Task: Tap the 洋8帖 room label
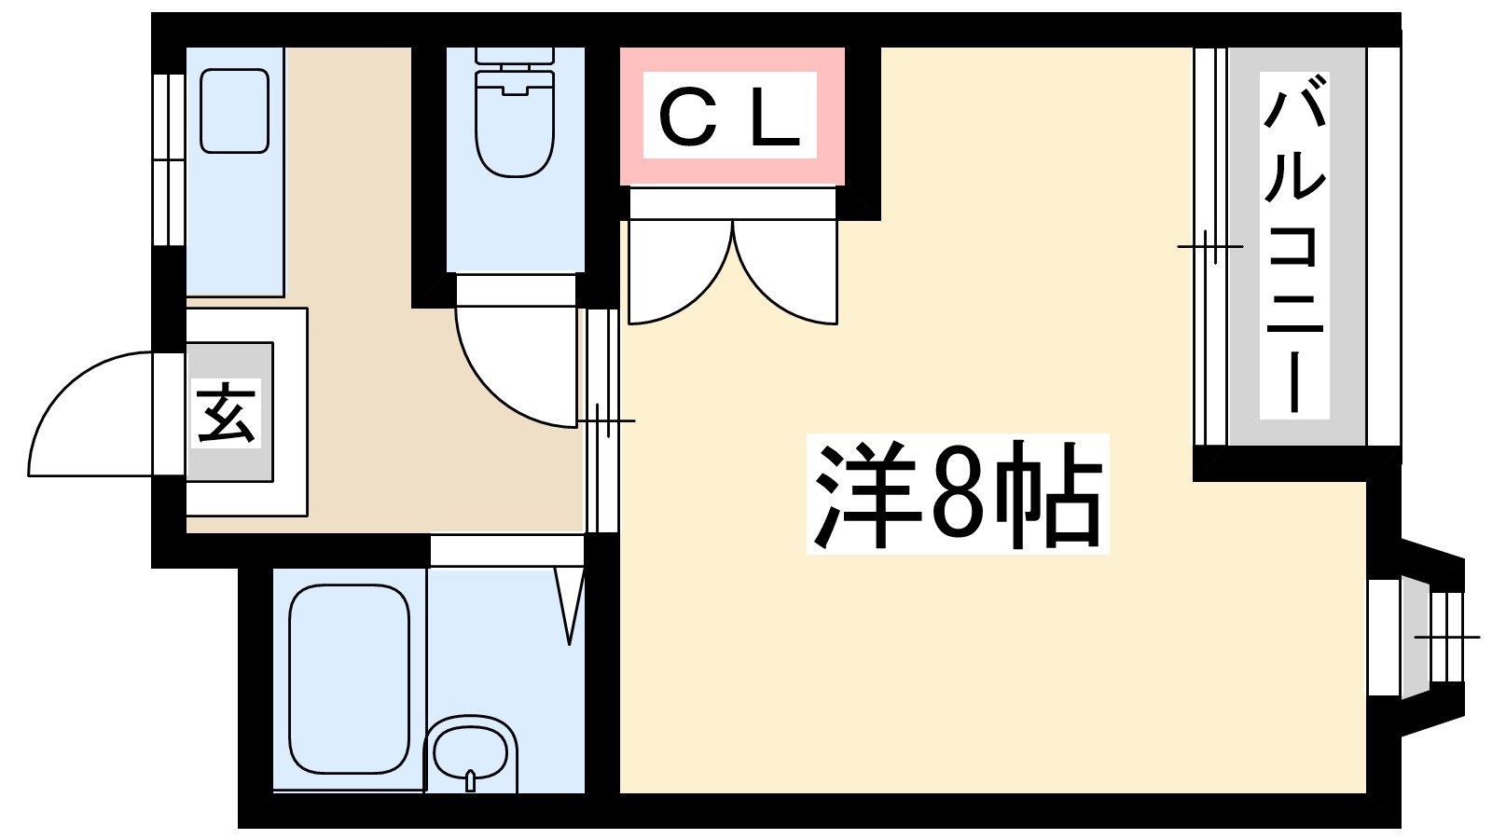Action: click(x=958, y=495)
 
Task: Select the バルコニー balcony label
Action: click(x=1294, y=246)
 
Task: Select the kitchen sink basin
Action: click(x=235, y=111)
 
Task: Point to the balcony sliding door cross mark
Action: click(x=1209, y=246)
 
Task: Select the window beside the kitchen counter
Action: click(x=169, y=158)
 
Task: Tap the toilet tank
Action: click(x=515, y=55)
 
